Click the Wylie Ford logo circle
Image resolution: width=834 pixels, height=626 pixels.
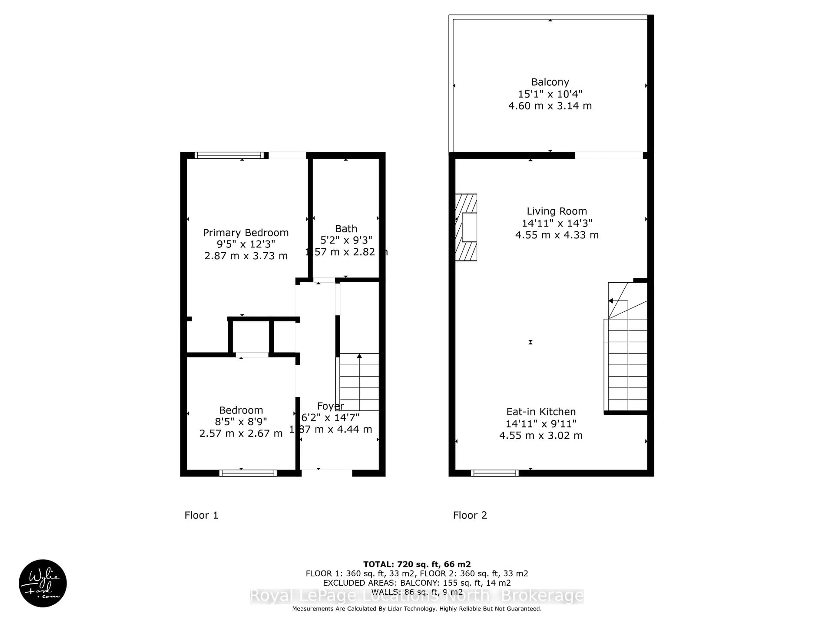43,583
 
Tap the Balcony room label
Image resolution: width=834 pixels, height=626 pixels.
550,82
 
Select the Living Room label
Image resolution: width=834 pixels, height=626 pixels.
557,211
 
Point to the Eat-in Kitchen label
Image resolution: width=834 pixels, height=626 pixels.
541,412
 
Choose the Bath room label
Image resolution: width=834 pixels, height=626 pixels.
346,229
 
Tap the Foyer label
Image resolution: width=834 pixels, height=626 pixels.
331,406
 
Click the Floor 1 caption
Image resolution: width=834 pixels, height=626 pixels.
201,515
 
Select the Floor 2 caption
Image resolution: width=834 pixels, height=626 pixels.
470,515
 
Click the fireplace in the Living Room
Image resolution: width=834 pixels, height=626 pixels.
466,227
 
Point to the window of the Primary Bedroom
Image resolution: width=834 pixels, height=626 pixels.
229,155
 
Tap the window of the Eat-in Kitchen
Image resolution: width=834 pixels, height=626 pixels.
495,473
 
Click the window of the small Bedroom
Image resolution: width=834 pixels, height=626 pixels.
248,473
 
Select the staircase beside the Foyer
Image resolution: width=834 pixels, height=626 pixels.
359,382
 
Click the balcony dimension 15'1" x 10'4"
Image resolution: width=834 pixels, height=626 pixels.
550,94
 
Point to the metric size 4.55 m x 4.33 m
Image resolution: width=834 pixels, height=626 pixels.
557,235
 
